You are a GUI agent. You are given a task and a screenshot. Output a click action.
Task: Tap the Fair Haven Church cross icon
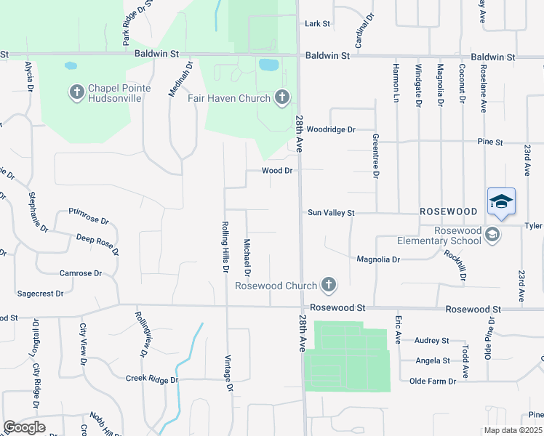tap(282, 98)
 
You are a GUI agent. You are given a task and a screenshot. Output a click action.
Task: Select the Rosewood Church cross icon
tap(329, 285)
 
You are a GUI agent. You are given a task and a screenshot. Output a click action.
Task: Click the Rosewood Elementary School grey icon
tap(493, 234)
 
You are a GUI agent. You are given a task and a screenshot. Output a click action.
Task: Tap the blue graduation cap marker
tap(501, 201)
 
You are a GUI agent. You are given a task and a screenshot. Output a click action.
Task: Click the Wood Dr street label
tap(277, 171)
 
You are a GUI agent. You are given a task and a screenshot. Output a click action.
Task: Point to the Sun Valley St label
tap(330, 213)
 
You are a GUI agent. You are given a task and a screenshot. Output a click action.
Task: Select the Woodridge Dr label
tap(330, 129)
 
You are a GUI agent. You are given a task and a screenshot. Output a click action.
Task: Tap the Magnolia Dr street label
tap(378, 259)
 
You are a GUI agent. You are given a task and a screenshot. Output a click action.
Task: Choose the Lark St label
tap(317, 24)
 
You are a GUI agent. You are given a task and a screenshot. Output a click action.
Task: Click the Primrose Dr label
tap(88, 216)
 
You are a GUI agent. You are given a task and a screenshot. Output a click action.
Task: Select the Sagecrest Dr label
tap(40, 294)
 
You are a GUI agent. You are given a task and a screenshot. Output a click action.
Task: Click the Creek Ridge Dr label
tap(152, 379)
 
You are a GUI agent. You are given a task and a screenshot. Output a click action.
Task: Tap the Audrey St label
tap(431, 340)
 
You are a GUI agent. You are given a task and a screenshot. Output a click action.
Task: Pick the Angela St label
tap(432, 360)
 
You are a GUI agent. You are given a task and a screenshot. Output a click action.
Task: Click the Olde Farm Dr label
tap(432, 381)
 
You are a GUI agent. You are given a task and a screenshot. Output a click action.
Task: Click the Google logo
tap(24, 427)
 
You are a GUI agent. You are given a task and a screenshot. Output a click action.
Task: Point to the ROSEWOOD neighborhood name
tap(448, 211)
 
